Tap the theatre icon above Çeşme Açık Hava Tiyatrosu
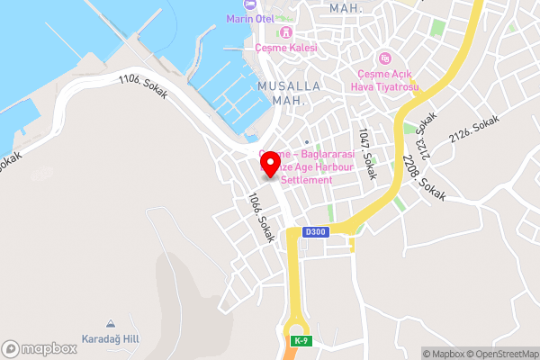pos(384,58)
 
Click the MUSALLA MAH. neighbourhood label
pos(290,92)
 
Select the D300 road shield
pos(315,232)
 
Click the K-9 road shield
pos(300,340)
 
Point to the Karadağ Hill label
pos(110,338)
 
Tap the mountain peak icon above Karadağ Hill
pos(110,324)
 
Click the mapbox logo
pos(39,347)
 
